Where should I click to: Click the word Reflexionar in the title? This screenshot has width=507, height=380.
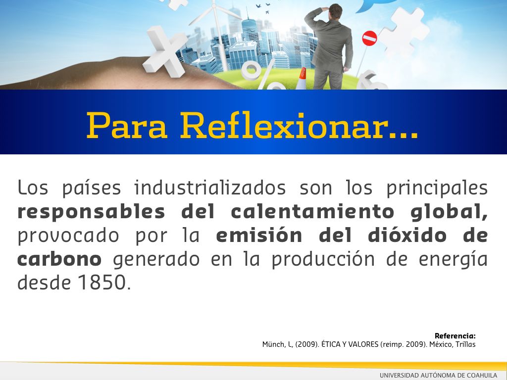299,125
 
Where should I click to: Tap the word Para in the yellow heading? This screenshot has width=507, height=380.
127,126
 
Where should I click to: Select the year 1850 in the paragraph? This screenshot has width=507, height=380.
102,282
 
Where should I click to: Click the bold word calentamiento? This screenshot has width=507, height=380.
312,212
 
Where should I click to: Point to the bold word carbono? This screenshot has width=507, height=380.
59,259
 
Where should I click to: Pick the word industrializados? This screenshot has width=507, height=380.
210,188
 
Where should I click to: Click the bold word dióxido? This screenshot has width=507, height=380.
407,235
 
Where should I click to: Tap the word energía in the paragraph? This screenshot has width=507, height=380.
453,260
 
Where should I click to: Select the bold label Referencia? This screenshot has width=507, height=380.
455,336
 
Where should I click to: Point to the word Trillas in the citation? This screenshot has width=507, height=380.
465,344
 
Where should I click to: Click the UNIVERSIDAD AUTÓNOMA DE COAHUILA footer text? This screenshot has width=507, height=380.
439,376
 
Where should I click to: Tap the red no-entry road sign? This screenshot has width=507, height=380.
369,38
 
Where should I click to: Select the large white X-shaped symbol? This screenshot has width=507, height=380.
165,51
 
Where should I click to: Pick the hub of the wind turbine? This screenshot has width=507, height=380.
214,6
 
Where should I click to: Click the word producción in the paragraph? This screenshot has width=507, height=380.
323,260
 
